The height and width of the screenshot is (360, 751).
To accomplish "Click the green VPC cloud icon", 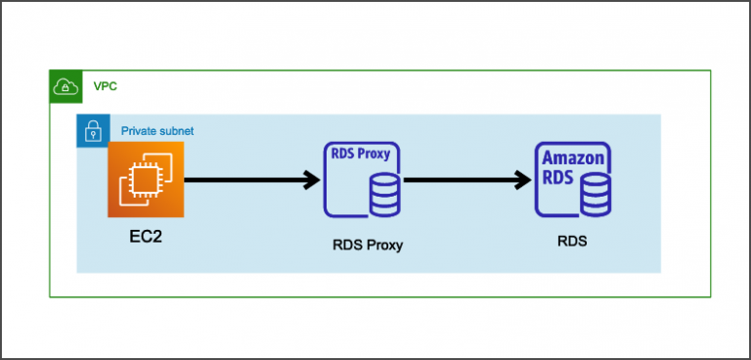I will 66,86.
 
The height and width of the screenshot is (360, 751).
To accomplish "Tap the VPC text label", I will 106,86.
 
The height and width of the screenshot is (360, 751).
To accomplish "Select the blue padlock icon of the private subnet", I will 93,130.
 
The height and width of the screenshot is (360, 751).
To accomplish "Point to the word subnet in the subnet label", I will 179,130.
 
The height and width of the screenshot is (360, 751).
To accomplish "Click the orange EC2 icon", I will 146,179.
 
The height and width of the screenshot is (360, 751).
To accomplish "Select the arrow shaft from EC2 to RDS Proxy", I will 244,180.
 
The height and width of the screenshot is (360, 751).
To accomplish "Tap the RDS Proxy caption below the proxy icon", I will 367,245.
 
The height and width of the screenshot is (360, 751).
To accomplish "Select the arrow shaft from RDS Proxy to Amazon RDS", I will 460,180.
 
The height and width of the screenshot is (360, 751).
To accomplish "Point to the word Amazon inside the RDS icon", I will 574,157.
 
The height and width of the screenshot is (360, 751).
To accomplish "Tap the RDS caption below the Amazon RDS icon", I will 571,240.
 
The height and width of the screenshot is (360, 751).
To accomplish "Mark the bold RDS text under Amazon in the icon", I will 557,178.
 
